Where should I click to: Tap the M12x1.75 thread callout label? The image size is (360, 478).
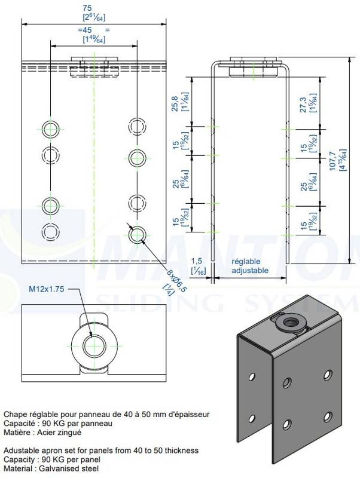(x=46, y=289)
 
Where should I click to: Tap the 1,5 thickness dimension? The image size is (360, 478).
(x=196, y=261)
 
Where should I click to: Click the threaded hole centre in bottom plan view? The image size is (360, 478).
(x=94, y=345)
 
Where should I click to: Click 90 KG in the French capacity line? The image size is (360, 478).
(x=56, y=423)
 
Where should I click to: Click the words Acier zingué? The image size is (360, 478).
(x=58, y=432)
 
